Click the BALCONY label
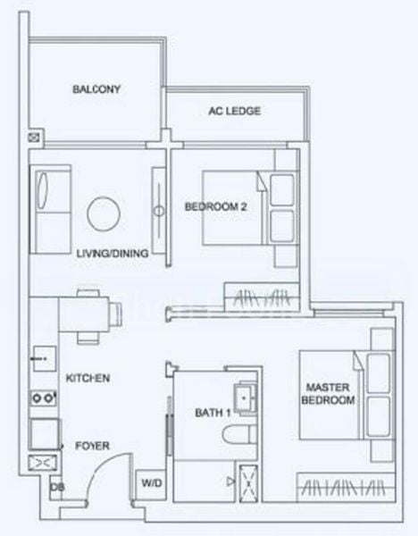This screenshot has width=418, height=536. click(96, 89)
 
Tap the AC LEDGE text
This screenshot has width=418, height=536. click(234, 112)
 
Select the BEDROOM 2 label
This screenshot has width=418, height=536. click(215, 207)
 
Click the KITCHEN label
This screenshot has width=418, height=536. click(88, 379)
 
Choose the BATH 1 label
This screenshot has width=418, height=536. click(212, 413)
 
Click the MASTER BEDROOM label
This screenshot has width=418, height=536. click(331, 394)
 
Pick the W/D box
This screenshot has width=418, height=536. click(149, 483)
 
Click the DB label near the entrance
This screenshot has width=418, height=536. click(56, 488)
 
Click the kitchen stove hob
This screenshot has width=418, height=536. click(41, 398)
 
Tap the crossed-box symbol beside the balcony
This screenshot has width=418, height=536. click(34, 138)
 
